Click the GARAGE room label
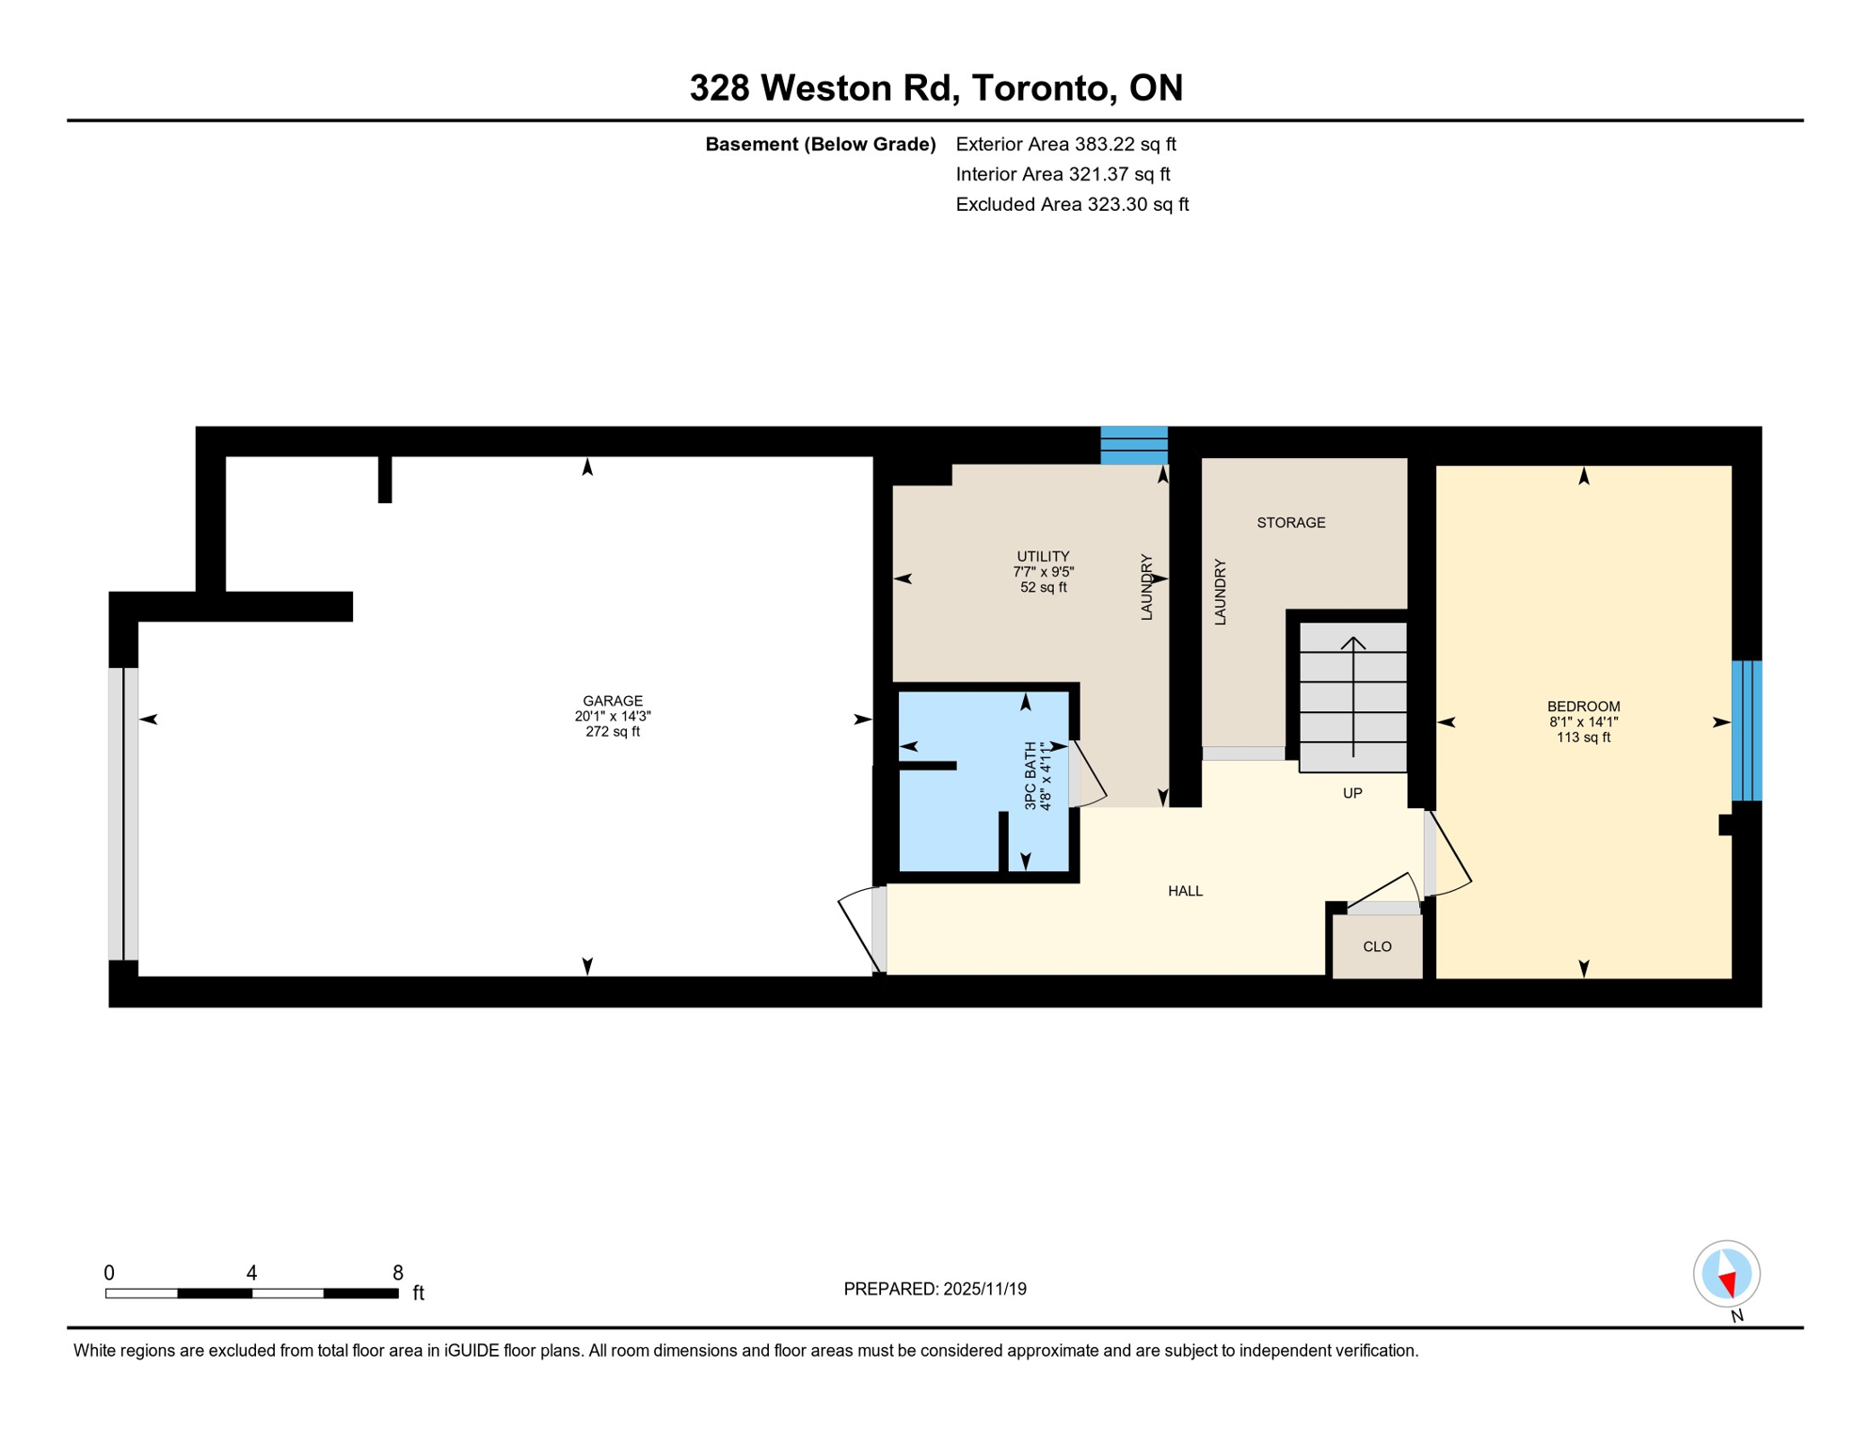[613, 701]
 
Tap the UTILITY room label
[1043, 556]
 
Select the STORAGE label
[1290, 522]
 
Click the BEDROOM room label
[1583, 707]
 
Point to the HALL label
[1185, 891]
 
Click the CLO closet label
[1377, 946]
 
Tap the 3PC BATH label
[1031, 775]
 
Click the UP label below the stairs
[1351, 793]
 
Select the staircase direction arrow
[1352, 696]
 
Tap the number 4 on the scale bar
[251, 1273]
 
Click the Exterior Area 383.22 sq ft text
[1065, 144]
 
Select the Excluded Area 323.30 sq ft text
[1072, 204]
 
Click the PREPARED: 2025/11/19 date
[935, 1289]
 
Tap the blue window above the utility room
[1134, 445]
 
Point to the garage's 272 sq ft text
[613, 732]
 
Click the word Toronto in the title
[1043, 87]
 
